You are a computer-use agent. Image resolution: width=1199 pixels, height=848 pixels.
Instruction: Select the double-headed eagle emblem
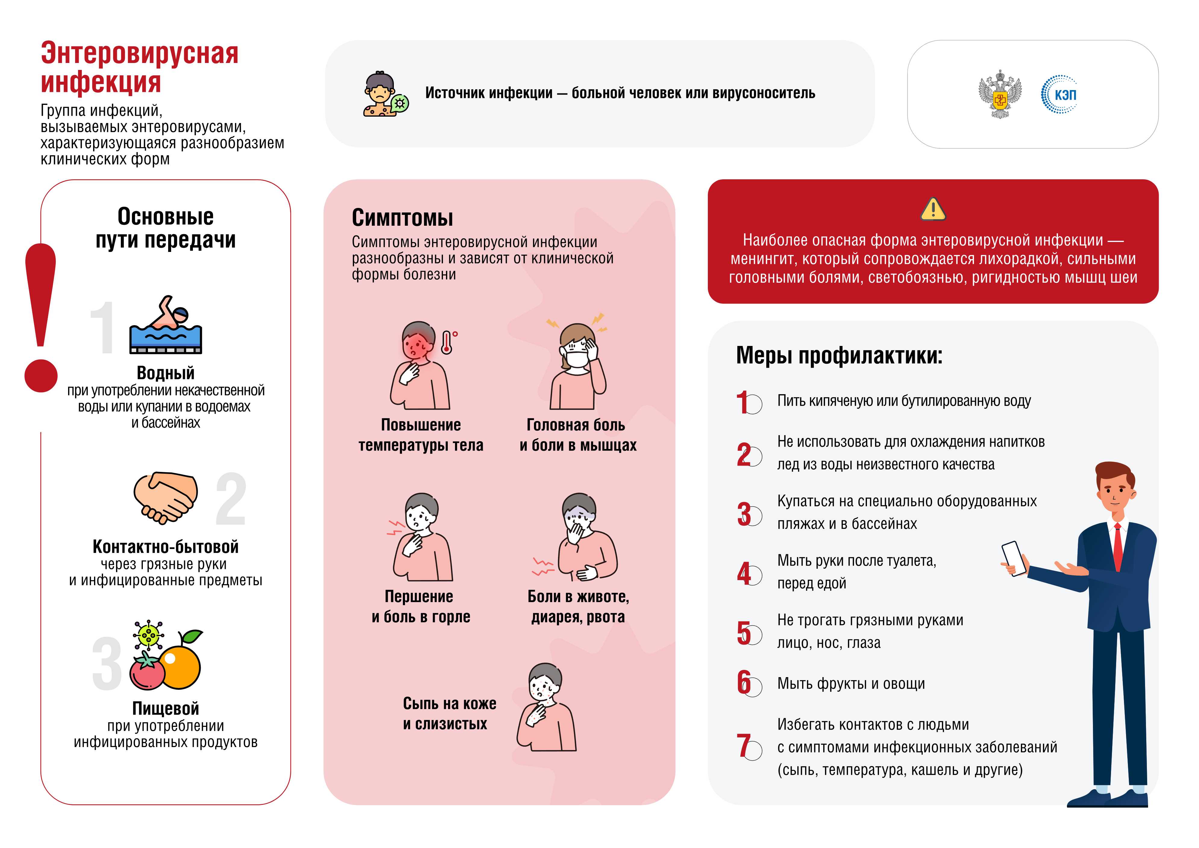1000,95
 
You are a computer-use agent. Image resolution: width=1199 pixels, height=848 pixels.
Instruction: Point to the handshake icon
165,497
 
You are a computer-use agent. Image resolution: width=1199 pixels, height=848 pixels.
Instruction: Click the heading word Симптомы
402,218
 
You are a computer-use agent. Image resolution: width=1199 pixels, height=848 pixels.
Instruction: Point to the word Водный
165,373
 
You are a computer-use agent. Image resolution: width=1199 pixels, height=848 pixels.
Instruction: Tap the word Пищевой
165,708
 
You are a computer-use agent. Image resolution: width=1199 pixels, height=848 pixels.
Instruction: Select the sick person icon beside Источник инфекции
384,95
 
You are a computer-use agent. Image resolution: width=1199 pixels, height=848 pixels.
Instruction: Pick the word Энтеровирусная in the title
140,53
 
